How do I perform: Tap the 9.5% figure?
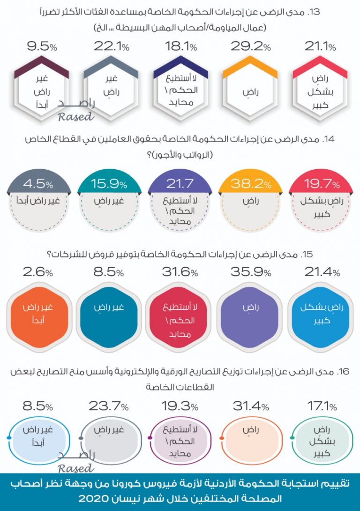pos(42,47)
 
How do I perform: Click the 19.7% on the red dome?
pos(321,184)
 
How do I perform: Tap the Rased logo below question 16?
pos(76,462)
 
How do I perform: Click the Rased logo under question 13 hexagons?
pos(76,111)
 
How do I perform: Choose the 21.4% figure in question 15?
pos(321,272)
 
